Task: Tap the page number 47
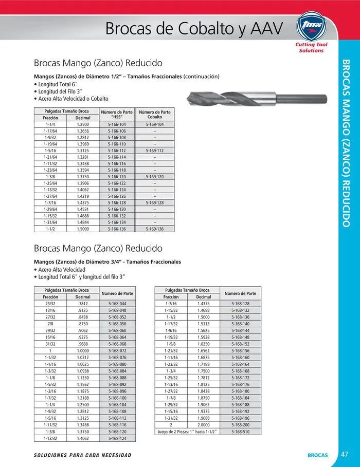coord(345,454)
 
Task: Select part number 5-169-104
coord(154,125)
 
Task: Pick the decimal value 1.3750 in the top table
coord(83,176)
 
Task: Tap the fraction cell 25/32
coord(50,304)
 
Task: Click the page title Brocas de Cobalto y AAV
coord(194,28)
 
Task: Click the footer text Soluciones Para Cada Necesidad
coord(82,455)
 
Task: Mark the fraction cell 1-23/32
coord(171,364)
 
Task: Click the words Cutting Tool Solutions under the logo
coord(311,48)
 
